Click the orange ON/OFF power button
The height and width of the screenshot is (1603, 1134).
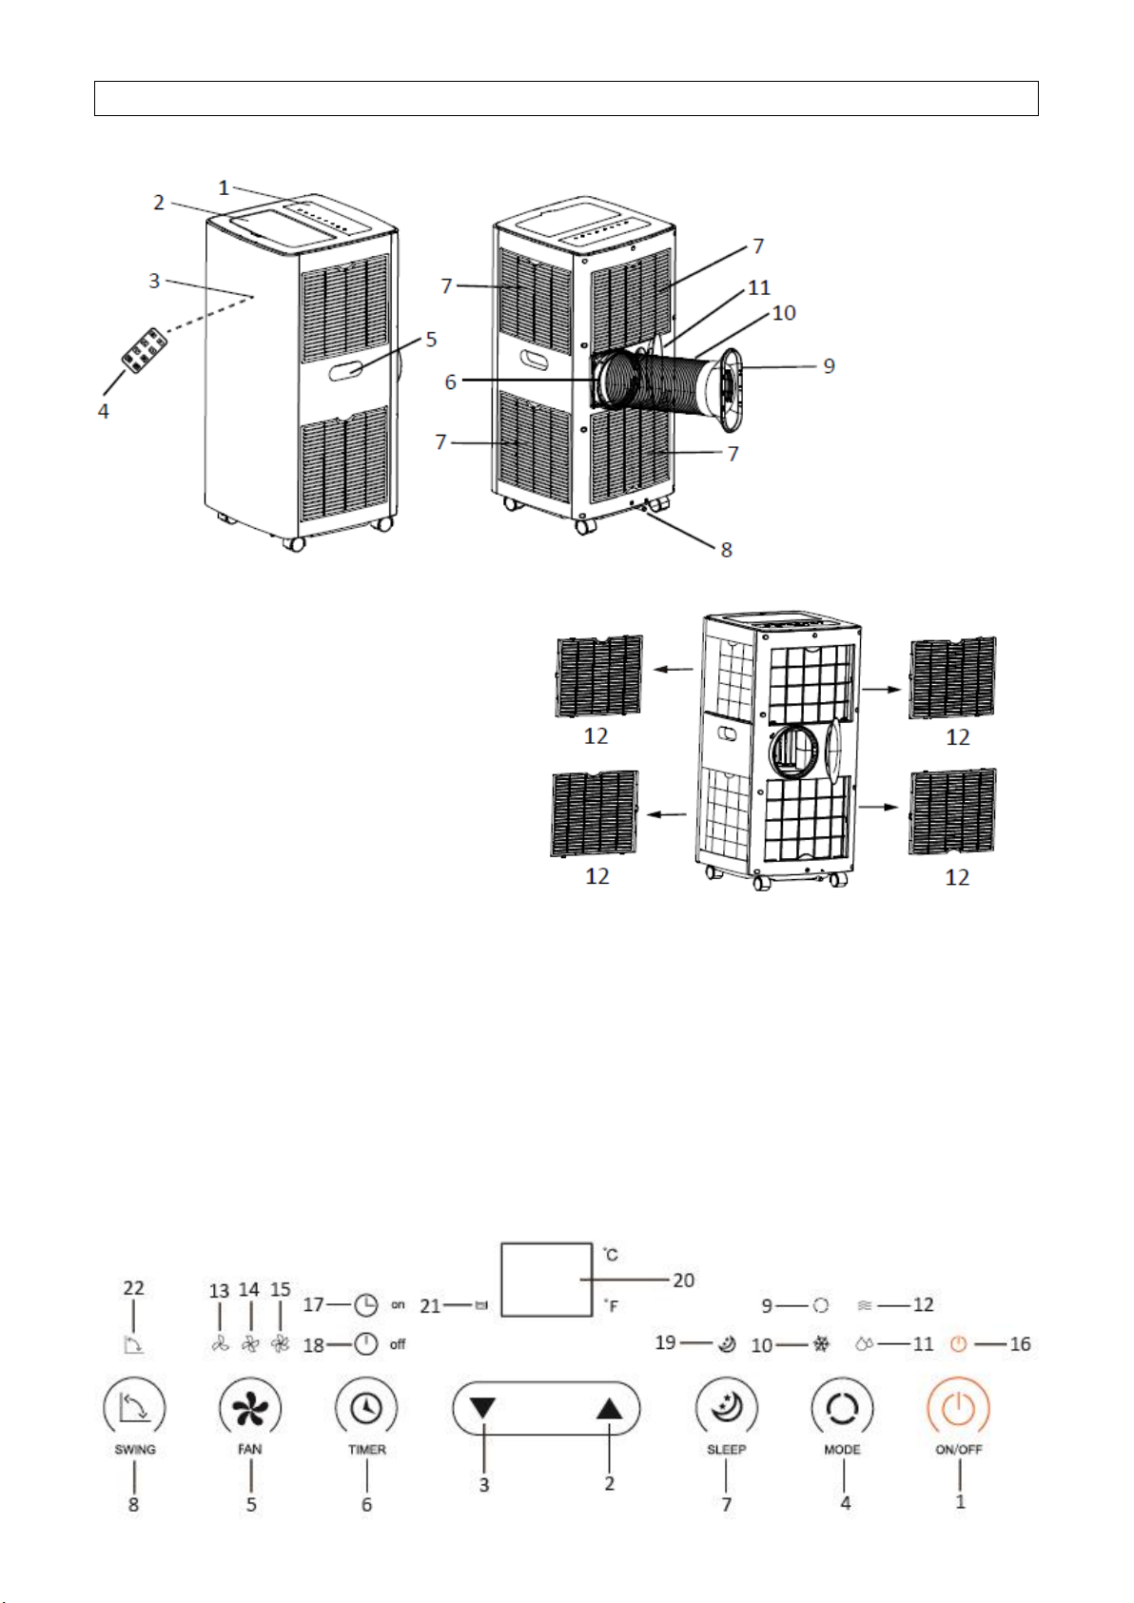pyautogui.click(x=958, y=1408)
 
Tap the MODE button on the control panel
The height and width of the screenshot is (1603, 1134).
pyautogui.click(x=842, y=1408)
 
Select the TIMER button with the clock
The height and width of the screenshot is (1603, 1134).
pyautogui.click(x=366, y=1408)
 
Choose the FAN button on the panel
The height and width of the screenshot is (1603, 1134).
pyautogui.click(x=249, y=1408)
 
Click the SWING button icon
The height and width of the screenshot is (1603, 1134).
pyautogui.click(x=134, y=1408)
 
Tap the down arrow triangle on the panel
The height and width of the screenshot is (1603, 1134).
pyautogui.click(x=483, y=1408)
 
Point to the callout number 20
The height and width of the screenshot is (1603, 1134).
pyautogui.click(x=683, y=1280)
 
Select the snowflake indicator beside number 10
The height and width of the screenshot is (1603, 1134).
pyautogui.click(x=821, y=1344)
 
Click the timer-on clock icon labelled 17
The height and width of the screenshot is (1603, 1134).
pyautogui.click(x=365, y=1305)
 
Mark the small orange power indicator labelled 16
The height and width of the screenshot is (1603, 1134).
pyautogui.click(x=959, y=1344)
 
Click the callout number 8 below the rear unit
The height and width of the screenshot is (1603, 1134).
pyautogui.click(x=726, y=550)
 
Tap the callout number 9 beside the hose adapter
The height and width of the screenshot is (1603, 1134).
pyautogui.click(x=830, y=365)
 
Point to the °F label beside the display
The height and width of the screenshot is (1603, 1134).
pyautogui.click(x=610, y=1307)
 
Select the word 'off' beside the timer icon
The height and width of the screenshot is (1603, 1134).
pyautogui.click(x=398, y=1344)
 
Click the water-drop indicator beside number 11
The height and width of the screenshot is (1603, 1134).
pyautogui.click(x=864, y=1344)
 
